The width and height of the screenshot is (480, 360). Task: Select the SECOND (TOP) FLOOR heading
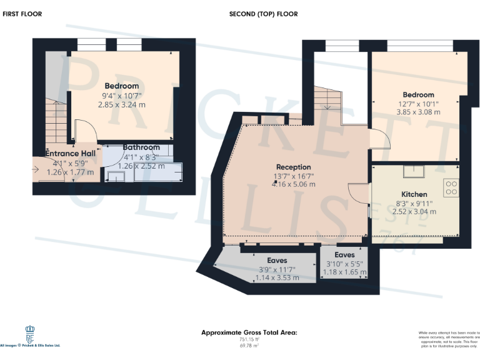(x=263, y=14)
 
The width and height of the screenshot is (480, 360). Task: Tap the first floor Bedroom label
(x=121, y=86)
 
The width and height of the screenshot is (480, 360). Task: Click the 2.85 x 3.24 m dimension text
(x=121, y=104)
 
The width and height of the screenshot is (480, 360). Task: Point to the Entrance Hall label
(x=70, y=153)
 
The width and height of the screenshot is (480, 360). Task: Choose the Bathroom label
(x=141, y=147)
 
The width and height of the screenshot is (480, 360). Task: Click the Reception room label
(x=293, y=167)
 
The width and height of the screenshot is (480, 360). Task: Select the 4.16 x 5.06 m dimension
(x=293, y=184)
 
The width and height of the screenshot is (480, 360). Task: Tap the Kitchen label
(x=414, y=194)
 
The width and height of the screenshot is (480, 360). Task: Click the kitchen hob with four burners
(x=451, y=186)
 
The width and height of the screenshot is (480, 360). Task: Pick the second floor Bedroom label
(x=418, y=95)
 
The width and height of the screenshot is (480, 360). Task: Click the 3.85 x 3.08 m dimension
(x=418, y=112)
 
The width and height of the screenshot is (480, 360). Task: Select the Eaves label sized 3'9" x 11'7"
(x=277, y=260)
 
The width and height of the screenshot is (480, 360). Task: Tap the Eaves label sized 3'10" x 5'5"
(x=344, y=255)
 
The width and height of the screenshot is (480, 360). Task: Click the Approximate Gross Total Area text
(x=249, y=332)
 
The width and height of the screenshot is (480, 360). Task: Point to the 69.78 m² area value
(x=249, y=345)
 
